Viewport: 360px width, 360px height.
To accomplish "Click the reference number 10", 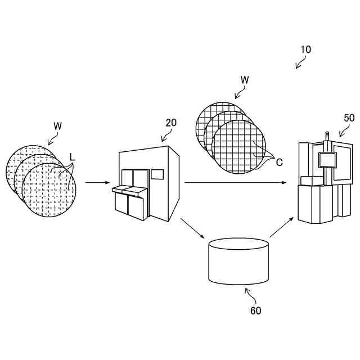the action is coord(305,49).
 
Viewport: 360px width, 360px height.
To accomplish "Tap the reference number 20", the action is coord(171,122).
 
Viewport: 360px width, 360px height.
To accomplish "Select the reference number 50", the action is coord(349,118).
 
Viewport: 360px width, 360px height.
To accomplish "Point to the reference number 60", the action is coord(255,310).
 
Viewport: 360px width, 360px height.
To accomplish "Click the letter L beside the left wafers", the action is coord(72,156).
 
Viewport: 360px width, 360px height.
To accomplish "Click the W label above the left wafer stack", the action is coord(57,125).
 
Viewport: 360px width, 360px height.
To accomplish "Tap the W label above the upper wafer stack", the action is coord(245,80).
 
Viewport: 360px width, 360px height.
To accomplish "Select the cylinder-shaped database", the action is coord(238,262).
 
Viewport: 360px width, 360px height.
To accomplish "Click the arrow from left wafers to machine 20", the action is coord(97,183).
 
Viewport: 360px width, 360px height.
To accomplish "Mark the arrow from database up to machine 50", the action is coord(282,226).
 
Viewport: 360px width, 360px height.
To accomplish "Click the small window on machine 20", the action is coord(157,174).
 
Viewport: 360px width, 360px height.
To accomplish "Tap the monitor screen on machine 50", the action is coord(326,160).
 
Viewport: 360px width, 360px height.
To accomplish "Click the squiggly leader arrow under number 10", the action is coord(300,64).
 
